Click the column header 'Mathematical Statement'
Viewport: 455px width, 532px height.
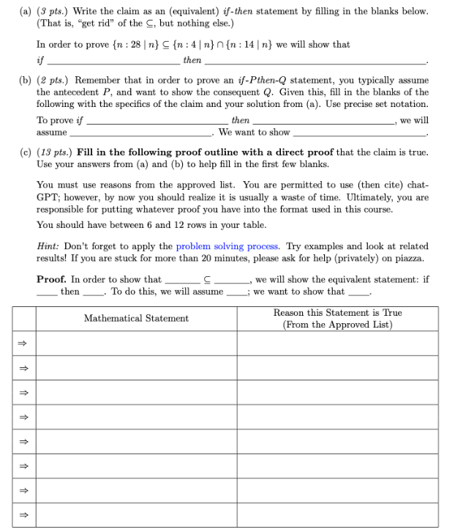[x=136, y=318]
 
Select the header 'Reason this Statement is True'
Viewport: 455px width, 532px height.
[x=337, y=313]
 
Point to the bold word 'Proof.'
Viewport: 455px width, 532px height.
[x=52, y=279]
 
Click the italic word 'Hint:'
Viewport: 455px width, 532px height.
[x=48, y=246]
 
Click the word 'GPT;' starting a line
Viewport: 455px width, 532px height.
[x=48, y=197]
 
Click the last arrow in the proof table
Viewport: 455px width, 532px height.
[x=23, y=514]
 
